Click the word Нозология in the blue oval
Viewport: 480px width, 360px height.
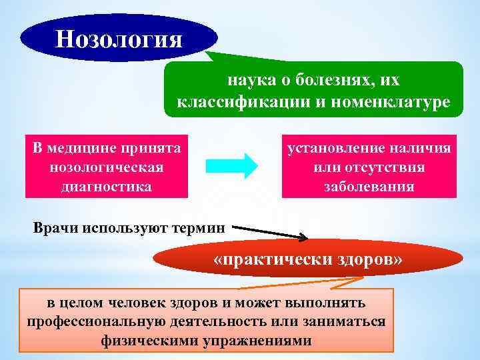(119, 38)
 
